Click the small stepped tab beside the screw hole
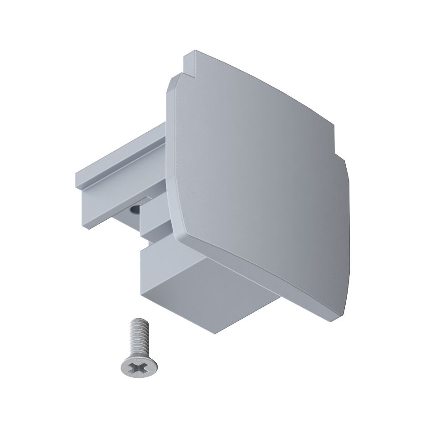tap(148, 223)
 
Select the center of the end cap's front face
tap(255, 178)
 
